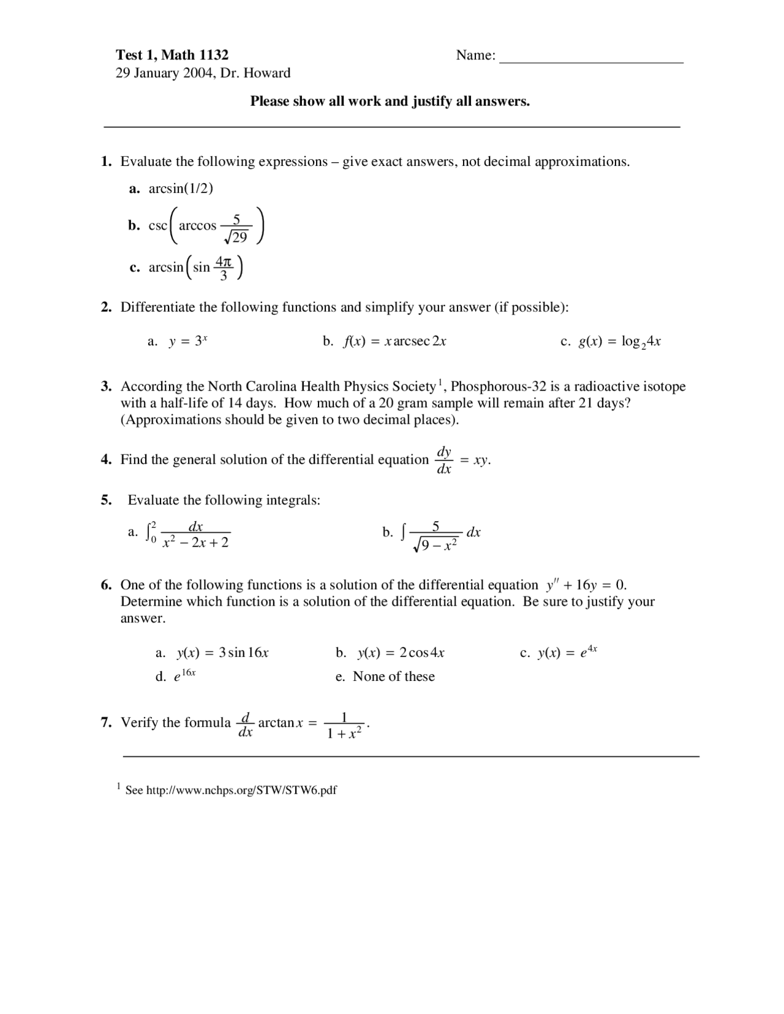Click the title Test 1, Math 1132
pyautogui.click(x=172, y=55)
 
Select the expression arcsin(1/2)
pyautogui.click(x=181, y=189)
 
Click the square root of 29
pyautogui.click(x=236, y=237)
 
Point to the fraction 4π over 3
pyautogui.click(x=224, y=268)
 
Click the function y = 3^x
pyautogui.click(x=188, y=342)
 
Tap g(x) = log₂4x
pyautogui.click(x=619, y=342)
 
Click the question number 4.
pyautogui.click(x=106, y=460)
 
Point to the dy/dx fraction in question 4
pyautogui.click(x=444, y=460)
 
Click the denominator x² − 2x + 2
pyautogui.click(x=195, y=543)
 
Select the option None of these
pyautogui.click(x=393, y=677)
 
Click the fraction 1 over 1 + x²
pyautogui.click(x=344, y=725)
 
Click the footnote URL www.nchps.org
pyautogui.click(x=241, y=791)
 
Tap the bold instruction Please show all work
pyautogui.click(x=390, y=102)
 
